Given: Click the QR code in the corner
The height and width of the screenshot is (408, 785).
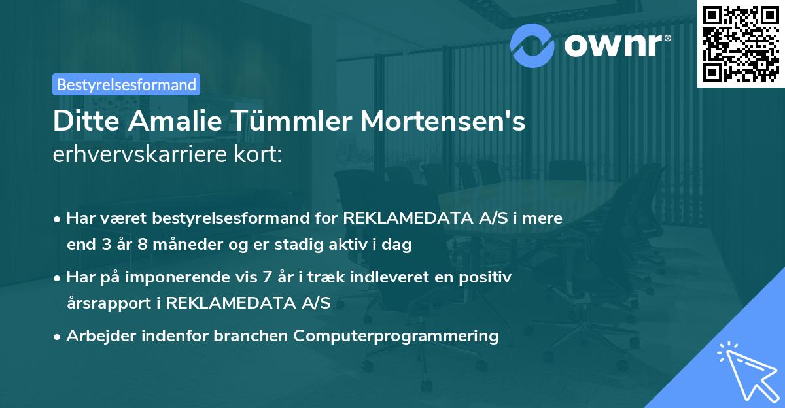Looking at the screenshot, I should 741,44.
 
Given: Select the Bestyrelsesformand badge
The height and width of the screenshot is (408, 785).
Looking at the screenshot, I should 126,84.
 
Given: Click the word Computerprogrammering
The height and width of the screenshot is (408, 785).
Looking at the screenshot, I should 396,336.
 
